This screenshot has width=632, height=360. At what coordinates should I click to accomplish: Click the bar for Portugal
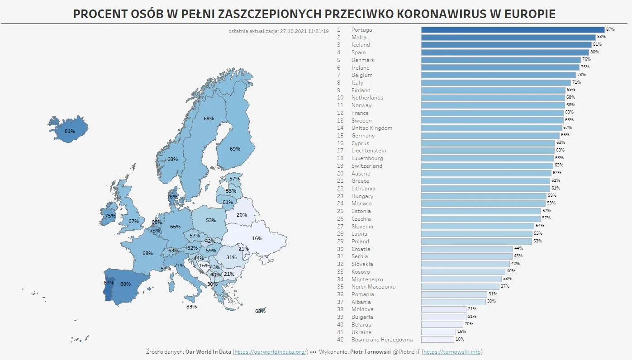coord(513,30)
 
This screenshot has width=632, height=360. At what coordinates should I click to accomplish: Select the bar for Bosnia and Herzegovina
coord(437,339)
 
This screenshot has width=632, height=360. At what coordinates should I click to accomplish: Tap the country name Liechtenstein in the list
coord(369,151)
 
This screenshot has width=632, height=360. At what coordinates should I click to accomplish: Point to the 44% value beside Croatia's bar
coord(518,248)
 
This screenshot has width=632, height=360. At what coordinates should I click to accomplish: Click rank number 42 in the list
coord(340,339)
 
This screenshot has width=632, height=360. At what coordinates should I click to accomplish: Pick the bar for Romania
coord(454,294)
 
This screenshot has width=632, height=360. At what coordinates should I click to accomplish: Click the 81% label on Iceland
coord(70,131)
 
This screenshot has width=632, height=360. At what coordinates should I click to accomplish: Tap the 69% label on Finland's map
coord(235,149)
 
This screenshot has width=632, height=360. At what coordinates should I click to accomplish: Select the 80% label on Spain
coord(125,284)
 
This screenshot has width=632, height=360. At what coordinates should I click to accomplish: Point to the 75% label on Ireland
coord(110,216)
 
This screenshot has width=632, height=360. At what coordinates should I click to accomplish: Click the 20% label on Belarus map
coord(242,215)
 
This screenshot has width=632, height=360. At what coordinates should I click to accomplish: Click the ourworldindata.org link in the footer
coord(271,351)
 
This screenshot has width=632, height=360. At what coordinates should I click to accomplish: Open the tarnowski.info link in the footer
coord(452,351)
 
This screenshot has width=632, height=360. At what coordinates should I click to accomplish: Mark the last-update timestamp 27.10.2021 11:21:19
coord(304,31)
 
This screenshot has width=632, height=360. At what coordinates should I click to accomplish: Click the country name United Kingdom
coord(372,128)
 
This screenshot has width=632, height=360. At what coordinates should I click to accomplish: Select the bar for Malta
coord(508,38)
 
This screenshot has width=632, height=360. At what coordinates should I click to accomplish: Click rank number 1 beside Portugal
coord(338,30)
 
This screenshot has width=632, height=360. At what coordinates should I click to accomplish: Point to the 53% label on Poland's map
coord(211,220)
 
